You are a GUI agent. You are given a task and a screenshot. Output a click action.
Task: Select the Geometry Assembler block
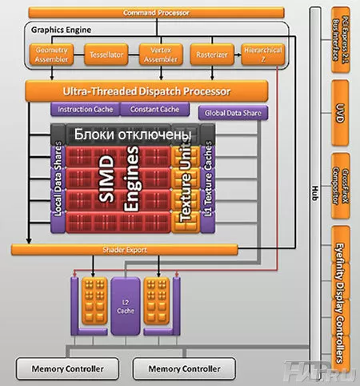(50, 54)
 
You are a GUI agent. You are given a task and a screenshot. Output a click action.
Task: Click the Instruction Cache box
(86, 109)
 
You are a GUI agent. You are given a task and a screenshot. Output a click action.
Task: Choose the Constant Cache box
(154, 109)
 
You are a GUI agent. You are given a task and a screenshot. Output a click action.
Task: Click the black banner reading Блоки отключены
(131, 135)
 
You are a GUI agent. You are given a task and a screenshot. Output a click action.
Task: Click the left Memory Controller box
(67, 369)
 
